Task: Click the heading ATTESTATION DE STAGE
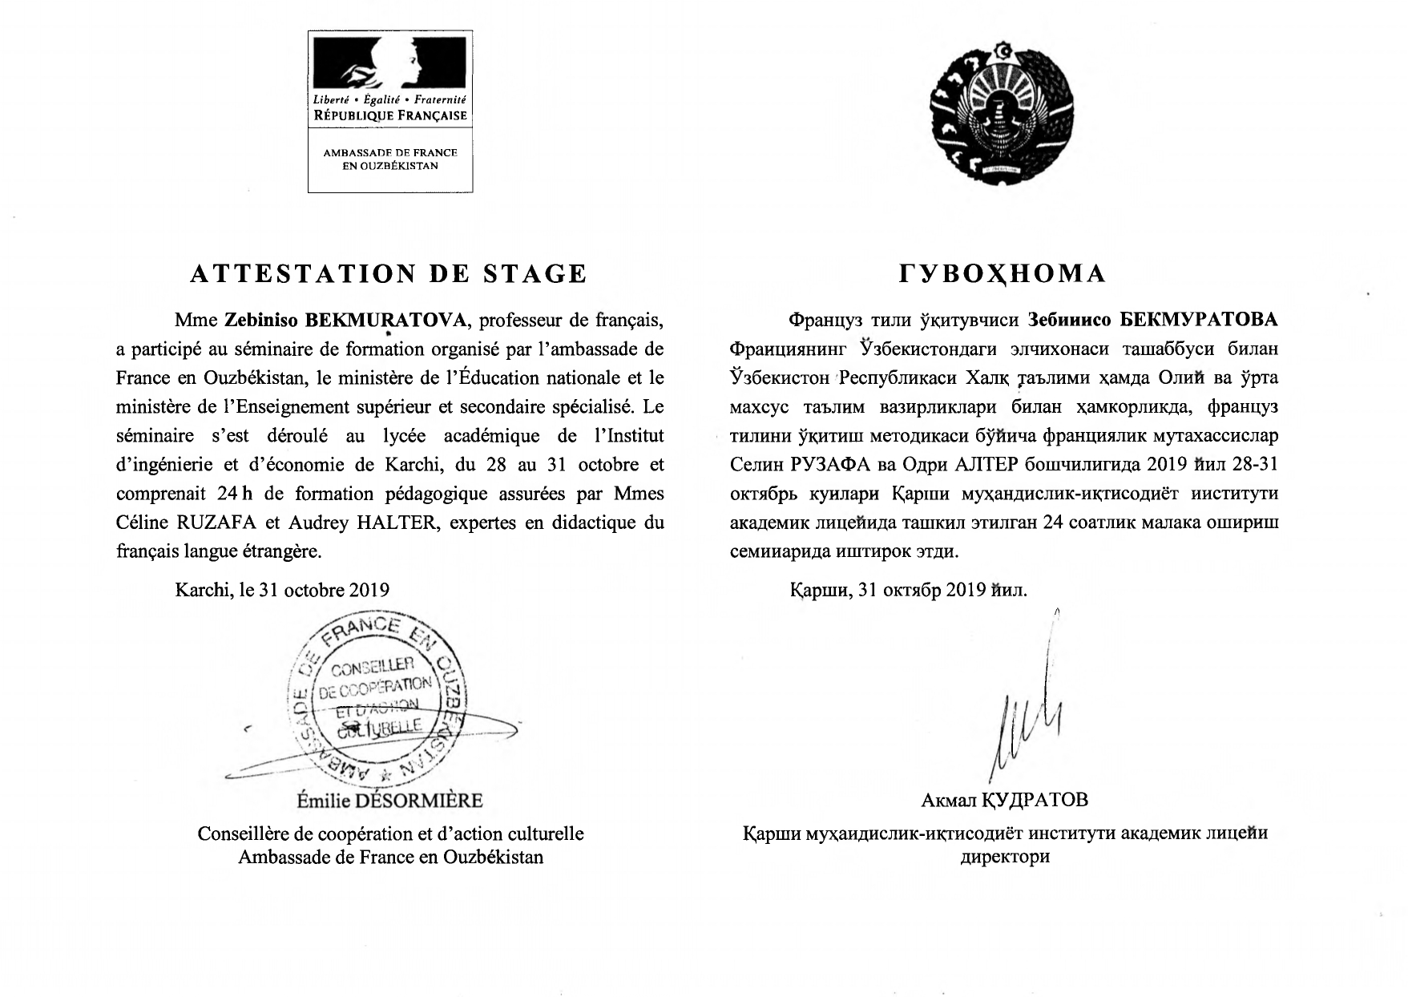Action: point(389,274)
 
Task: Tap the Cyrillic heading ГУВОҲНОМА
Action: point(1003,274)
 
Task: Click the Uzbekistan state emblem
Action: point(1002,115)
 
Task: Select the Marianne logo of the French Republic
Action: point(390,67)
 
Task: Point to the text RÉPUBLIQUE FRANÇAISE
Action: point(390,115)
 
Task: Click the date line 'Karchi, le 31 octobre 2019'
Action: point(282,591)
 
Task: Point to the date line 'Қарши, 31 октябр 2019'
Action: point(908,591)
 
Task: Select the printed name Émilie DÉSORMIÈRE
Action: point(390,801)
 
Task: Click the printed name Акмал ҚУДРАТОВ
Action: point(1005,800)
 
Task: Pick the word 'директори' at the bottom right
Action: point(1005,857)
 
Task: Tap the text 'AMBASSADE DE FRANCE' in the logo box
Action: point(390,152)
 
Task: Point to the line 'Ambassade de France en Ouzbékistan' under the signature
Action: point(391,857)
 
